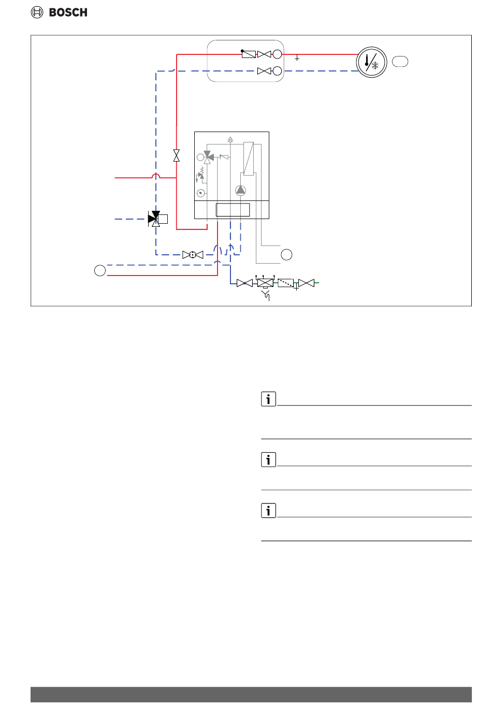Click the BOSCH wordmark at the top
pos(68,12)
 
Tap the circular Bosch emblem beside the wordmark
pos(37,12)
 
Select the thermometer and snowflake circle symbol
pos(371,63)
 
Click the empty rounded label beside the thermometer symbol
pos(400,62)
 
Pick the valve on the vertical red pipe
pos(177,155)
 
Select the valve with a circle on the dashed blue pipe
pos(193,255)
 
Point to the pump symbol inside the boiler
pos(240,191)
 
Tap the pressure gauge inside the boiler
pos(201,193)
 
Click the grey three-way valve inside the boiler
pos(208,156)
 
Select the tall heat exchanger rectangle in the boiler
pos(248,158)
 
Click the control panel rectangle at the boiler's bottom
pos(233,210)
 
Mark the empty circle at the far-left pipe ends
pos(100,270)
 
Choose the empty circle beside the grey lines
pos(286,254)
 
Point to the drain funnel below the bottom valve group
pos(266,296)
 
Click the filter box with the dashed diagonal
pos(285,283)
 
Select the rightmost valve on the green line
pos(306,283)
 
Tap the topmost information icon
pos(268,399)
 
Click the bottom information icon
pos(268,511)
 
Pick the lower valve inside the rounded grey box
pos(264,71)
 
